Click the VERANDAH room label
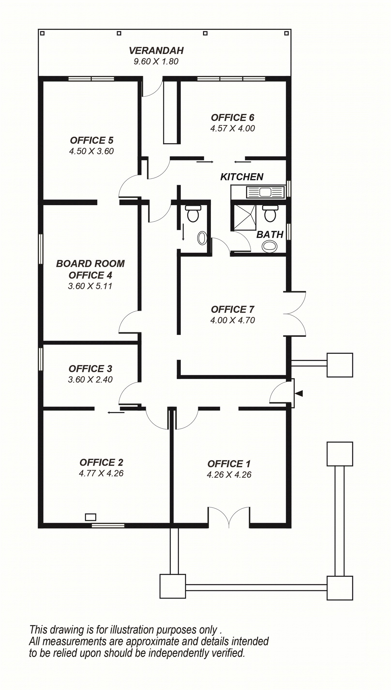156,51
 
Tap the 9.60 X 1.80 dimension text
156,61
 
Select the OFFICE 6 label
233,118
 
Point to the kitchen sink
265,192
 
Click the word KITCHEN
242,177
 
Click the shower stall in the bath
244,217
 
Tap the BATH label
270,235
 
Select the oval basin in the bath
270,246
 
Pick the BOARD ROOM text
90,264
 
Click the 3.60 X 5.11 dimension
90,286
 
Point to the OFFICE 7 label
233,310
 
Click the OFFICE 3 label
90,369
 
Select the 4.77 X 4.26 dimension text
101,473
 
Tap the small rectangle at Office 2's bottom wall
90,517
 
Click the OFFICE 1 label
229,464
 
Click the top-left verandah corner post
42,33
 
